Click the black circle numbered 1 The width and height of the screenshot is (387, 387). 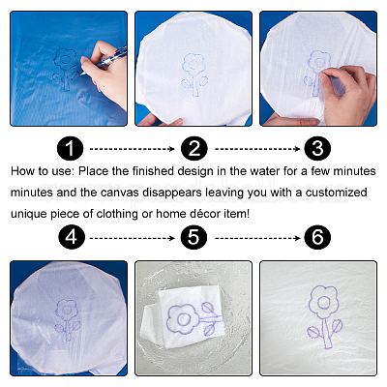coord(70,148)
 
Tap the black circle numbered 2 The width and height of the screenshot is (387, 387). coord(193,148)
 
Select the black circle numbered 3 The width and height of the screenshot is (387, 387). coord(317,148)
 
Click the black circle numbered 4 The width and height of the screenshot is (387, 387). coord(72,238)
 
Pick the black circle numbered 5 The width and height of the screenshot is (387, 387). coord(193,238)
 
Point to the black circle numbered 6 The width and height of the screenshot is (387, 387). coord(317,238)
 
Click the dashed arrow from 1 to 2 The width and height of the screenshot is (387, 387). coord(132,149)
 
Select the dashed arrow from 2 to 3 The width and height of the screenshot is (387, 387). coord(257,149)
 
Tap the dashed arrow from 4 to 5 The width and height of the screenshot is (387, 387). coord(132,238)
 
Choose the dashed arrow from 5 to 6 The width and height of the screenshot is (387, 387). coord(257,238)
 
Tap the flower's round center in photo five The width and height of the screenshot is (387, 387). coord(183,319)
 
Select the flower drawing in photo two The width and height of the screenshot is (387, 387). coord(194,74)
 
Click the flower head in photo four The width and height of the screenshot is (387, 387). coord(67,310)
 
